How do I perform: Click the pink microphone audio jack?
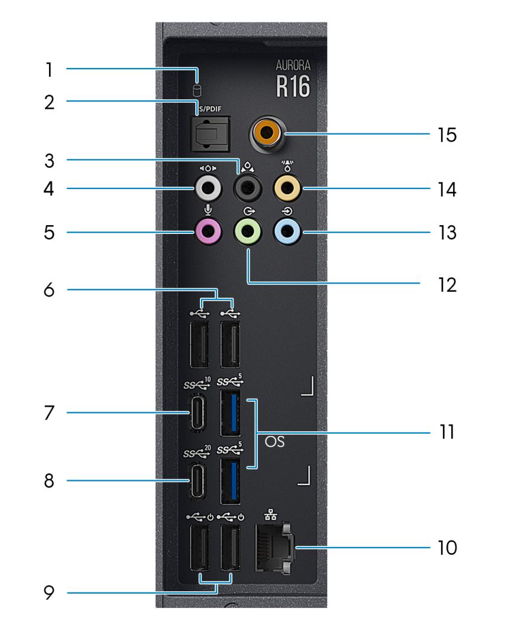[209, 232]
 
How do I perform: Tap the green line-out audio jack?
[248, 232]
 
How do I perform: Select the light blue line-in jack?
[287, 232]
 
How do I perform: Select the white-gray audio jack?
[209, 190]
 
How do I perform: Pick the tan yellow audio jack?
[287, 190]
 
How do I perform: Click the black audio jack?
[248, 190]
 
